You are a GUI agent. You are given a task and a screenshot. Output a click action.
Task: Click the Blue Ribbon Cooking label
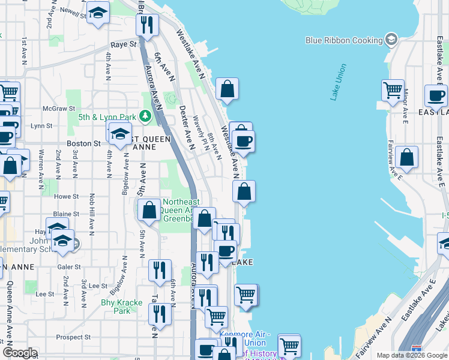tap(344, 40)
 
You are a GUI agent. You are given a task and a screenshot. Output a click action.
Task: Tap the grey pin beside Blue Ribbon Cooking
tap(392, 40)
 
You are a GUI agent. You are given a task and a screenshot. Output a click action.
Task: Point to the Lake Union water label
tap(339, 82)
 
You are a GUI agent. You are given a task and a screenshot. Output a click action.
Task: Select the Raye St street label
tap(124, 44)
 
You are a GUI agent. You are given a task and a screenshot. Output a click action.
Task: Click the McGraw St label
tap(58, 109)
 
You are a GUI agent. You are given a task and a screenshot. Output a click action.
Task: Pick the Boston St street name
tap(83, 144)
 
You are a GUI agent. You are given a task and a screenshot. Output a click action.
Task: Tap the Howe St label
tap(66, 196)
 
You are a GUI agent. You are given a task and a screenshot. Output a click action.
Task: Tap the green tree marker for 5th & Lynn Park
tap(145, 116)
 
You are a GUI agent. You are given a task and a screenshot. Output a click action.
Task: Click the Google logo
tap(20, 353)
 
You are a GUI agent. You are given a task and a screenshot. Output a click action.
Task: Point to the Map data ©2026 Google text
tap(411, 355)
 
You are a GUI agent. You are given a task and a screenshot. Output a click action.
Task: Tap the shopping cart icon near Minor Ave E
tap(393, 90)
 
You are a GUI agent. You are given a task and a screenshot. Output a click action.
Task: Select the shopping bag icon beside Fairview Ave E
tap(407, 157)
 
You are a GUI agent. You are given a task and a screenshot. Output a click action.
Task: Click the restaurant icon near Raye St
tap(146, 24)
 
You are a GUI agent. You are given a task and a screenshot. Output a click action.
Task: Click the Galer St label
tap(68, 267)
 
